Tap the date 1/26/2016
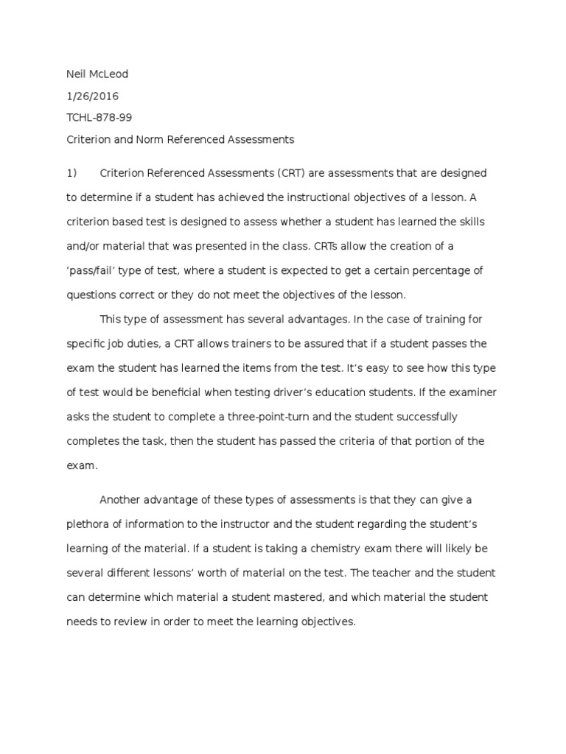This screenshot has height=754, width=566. [x=93, y=96]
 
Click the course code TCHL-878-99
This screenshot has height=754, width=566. [x=99, y=117]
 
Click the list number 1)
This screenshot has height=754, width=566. [x=72, y=173]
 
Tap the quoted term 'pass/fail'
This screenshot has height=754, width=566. [x=94, y=270]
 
